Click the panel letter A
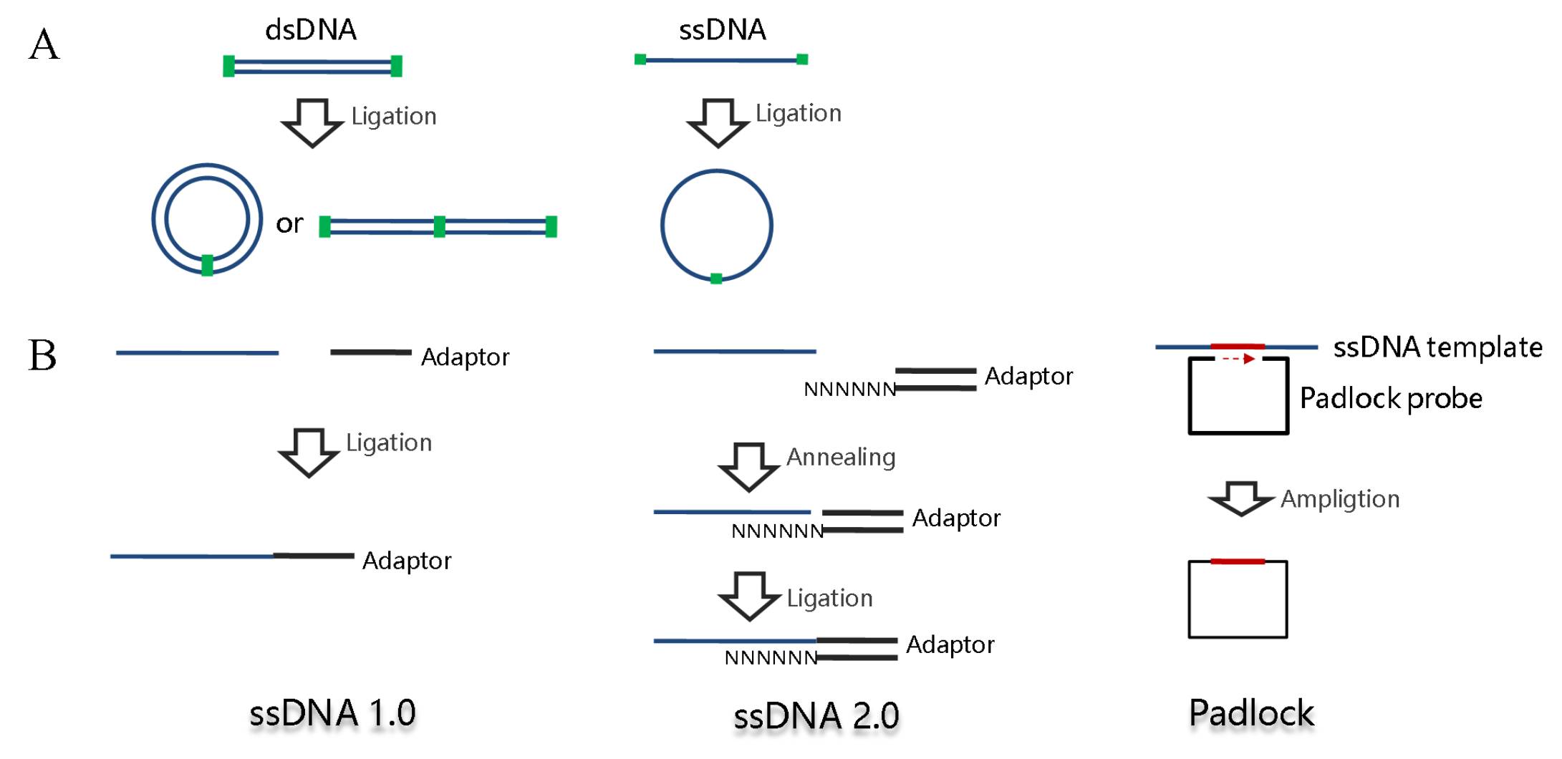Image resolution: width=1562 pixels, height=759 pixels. tap(44, 44)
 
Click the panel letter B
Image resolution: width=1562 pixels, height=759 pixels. tap(42, 354)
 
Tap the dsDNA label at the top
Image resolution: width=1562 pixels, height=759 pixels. tap(310, 30)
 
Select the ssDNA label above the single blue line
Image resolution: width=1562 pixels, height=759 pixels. tap(722, 30)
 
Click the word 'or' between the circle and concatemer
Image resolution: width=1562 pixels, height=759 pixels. tap(289, 223)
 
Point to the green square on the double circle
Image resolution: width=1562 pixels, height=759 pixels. tap(207, 265)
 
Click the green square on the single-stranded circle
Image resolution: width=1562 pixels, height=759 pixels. tap(715, 279)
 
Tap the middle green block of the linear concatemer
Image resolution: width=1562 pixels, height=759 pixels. tap(439, 227)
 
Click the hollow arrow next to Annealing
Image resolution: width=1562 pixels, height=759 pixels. tap(748, 466)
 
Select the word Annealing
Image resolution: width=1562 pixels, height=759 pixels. tap(841, 457)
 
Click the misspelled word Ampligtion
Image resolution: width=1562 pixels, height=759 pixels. tap(1339, 499)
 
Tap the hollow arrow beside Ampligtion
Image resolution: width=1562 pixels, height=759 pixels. tap(1241, 498)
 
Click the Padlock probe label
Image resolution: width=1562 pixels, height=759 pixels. tap(1390, 398)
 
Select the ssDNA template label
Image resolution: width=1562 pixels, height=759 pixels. tap(1437, 347)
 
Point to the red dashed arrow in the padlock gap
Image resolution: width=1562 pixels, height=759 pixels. tap(1238, 359)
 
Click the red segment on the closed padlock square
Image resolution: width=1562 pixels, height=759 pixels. tap(1237, 562)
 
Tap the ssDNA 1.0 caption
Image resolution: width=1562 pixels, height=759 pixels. tap(332, 713)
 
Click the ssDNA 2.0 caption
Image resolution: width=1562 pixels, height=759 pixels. tap(816, 716)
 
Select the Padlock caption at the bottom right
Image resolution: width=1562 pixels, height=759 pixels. tap(1251, 713)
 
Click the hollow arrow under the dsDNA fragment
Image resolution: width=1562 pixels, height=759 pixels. tap(312, 122)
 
